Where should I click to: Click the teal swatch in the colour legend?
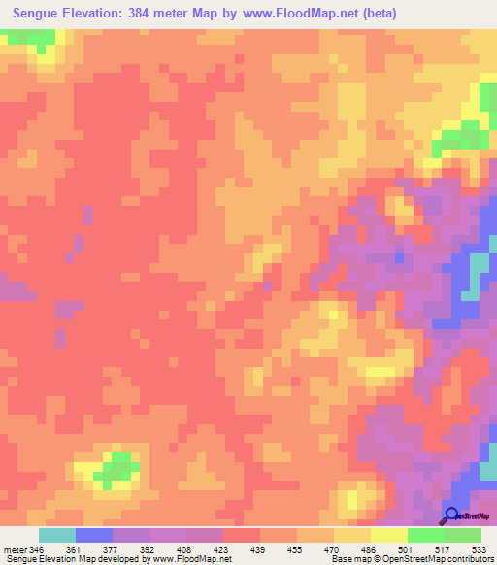56,535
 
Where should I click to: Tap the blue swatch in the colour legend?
93,535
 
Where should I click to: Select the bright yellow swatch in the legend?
388,535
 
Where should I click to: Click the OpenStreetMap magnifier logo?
452,515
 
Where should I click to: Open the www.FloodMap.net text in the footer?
187,558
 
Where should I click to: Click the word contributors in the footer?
467,558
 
